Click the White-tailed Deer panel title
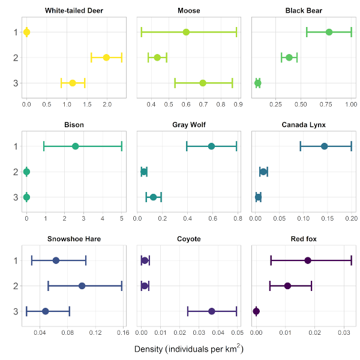(x=73, y=11)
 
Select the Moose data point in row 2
(x=157, y=58)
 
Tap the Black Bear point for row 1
(x=329, y=32)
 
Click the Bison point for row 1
(x=75, y=146)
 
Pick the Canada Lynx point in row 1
(x=325, y=146)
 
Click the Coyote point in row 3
(x=212, y=311)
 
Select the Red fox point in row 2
(x=288, y=286)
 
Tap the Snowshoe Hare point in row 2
(x=82, y=286)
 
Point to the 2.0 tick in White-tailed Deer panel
(x=107, y=104)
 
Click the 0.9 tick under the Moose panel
(x=238, y=104)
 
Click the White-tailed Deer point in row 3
(x=73, y=83)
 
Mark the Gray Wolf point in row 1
(x=211, y=146)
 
